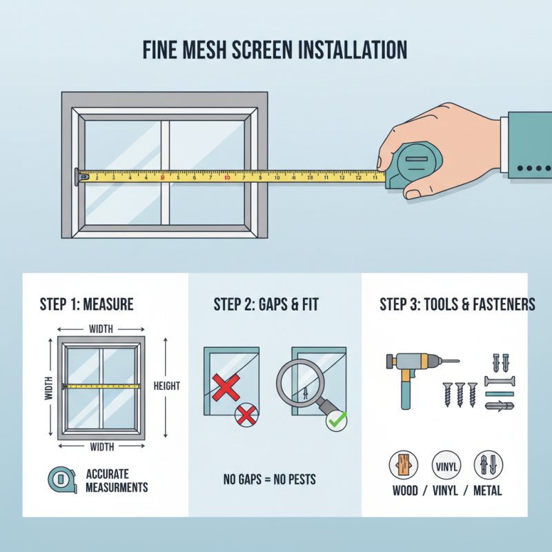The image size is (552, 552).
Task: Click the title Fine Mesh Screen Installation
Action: click(x=275, y=50)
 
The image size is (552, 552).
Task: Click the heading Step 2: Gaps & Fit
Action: click(x=266, y=304)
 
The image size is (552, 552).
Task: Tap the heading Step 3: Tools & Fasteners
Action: click(x=457, y=304)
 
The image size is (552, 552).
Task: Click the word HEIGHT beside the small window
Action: click(x=166, y=386)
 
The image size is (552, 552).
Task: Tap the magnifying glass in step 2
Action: click(x=301, y=388)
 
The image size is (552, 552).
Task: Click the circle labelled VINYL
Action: click(x=445, y=465)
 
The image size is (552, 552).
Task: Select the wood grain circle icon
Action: click(x=404, y=465)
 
